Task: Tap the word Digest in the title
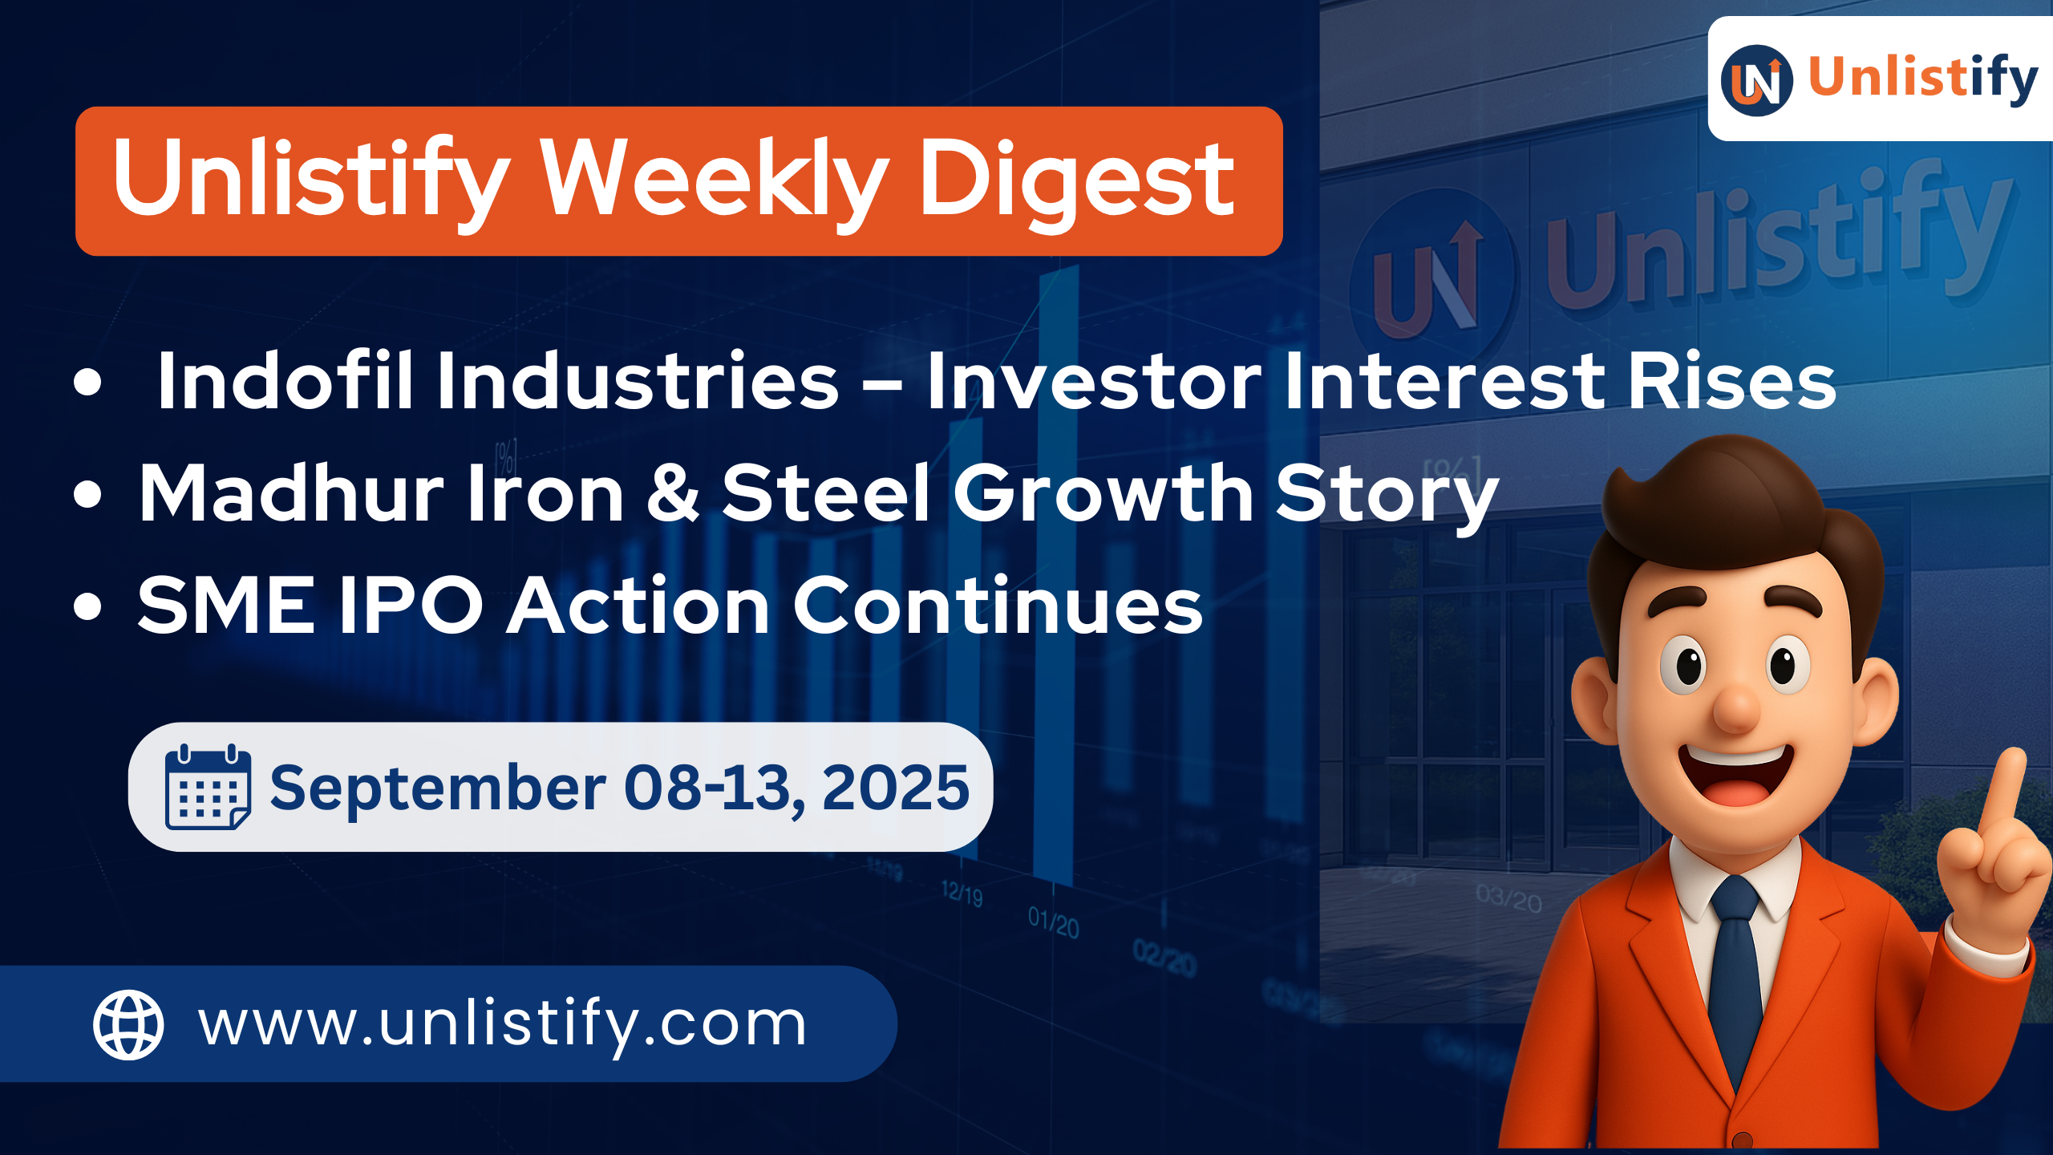(1076, 180)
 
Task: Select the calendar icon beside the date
(207, 787)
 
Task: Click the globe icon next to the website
(128, 1024)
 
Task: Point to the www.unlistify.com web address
(502, 1024)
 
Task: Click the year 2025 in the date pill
(895, 787)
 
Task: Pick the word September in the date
(438, 788)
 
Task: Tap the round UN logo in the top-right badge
(1756, 80)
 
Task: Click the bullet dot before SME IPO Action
(87, 607)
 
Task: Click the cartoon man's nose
(1735, 706)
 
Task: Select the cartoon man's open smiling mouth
(1735, 774)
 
